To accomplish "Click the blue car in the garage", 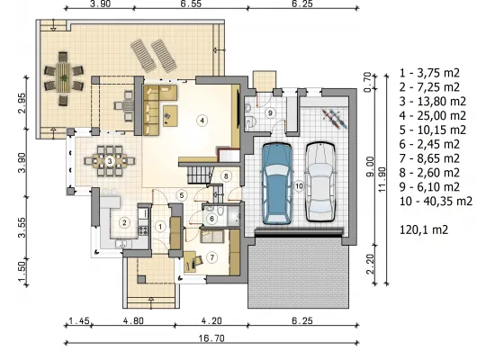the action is (x=276, y=184).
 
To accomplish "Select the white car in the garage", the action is (x=320, y=182).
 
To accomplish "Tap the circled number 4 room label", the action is (x=202, y=121).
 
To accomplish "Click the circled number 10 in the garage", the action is (x=299, y=186).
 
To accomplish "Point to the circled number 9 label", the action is (x=270, y=112).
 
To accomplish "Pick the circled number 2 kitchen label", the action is (x=124, y=222).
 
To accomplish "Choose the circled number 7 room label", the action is (x=211, y=257).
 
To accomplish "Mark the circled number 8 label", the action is (x=226, y=175).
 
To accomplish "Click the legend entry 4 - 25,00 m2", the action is (x=433, y=115).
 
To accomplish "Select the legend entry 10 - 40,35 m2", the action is (x=436, y=202).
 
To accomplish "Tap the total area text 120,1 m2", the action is (x=424, y=229).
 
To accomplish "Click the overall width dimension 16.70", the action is (x=211, y=338).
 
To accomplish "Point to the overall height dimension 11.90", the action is (x=382, y=179).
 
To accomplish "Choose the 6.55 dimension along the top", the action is (x=191, y=4).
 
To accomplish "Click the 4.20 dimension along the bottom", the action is (x=211, y=320).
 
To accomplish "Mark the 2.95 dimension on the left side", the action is (x=22, y=103).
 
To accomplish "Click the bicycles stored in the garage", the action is (x=335, y=119).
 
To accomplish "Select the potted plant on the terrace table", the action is (x=65, y=77).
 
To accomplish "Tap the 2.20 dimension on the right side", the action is (x=370, y=265).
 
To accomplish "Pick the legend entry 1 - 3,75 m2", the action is (x=429, y=73).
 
